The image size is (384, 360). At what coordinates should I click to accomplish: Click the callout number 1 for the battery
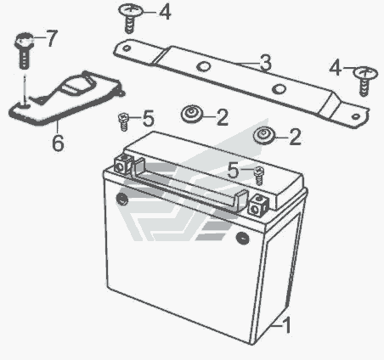[x=287, y=325]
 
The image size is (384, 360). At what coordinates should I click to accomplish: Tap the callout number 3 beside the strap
[x=266, y=63]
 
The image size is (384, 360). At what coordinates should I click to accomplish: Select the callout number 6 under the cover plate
[x=58, y=143]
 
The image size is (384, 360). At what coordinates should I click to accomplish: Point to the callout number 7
[x=52, y=38]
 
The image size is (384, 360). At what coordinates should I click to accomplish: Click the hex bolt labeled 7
[x=24, y=50]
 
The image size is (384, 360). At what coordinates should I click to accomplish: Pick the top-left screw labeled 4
[x=130, y=19]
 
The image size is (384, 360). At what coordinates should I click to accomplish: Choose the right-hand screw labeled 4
[x=365, y=82]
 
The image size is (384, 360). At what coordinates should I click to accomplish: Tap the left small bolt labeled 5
[x=123, y=121]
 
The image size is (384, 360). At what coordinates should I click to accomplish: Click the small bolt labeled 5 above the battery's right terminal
[x=259, y=176]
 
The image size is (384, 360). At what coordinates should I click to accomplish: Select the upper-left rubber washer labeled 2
[x=192, y=114]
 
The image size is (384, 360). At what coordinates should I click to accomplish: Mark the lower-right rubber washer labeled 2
[x=264, y=136]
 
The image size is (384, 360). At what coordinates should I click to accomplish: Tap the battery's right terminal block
[x=258, y=205]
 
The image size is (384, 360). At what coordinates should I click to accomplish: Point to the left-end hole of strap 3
[x=126, y=48]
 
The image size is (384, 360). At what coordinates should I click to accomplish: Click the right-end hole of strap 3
[x=355, y=116]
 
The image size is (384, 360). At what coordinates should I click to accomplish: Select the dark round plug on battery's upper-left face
[x=122, y=200]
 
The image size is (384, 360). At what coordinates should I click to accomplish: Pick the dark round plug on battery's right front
[x=242, y=238]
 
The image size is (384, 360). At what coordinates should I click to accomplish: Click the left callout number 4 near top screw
[x=165, y=12]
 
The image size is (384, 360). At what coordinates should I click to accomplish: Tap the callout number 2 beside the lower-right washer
[x=295, y=137]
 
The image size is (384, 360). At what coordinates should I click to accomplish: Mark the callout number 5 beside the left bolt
[x=148, y=118]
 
